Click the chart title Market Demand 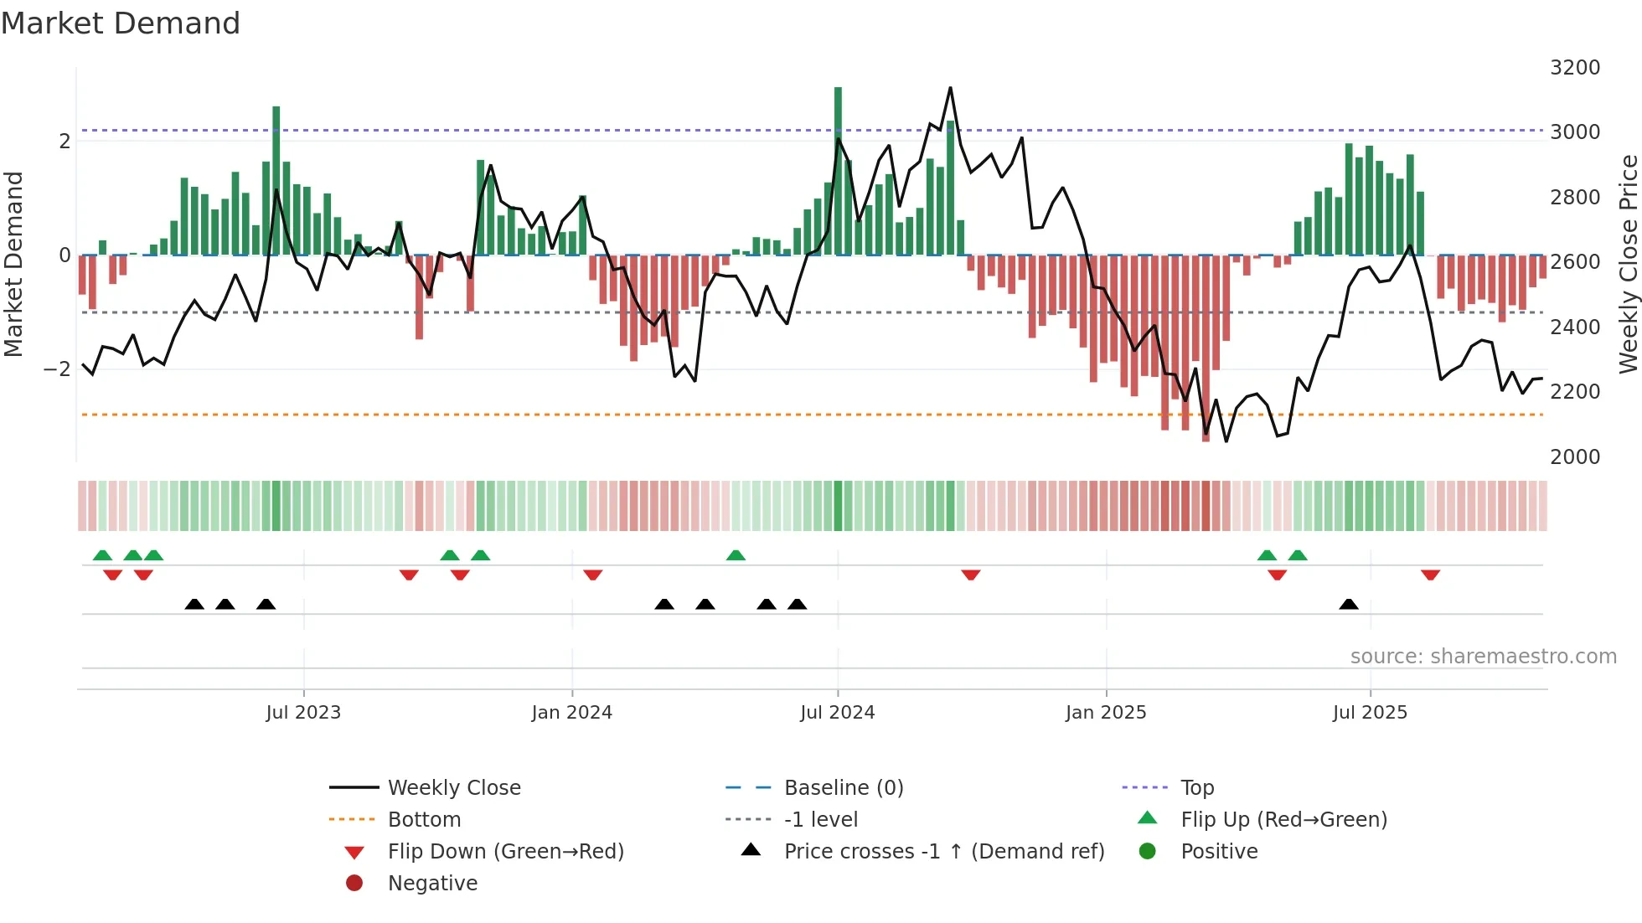click(x=121, y=23)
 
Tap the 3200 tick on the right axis click(x=1574, y=68)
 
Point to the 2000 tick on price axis click(x=1574, y=457)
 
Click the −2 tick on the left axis click(x=57, y=369)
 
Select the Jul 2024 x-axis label click(x=837, y=713)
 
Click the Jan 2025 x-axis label click(x=1105, y=713)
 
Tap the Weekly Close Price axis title click(x=1628, y=264)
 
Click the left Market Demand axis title click(x=13, y=264)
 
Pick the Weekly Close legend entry click(x=453, y=788)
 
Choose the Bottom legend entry click(x=424, y=820)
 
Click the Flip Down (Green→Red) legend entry click(x=505, y=852)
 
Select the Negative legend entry click(x=432, y=884)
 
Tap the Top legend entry click(x=1196, y=788)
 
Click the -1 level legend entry click(x=820, y=820)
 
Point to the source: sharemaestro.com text click(x=1483, y=657)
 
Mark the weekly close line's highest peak click(x=950, y=88)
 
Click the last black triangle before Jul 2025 click(x=1348, y=605)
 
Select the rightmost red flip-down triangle click(x=1430, y=575)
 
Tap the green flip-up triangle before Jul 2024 click(x=736, y=555)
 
